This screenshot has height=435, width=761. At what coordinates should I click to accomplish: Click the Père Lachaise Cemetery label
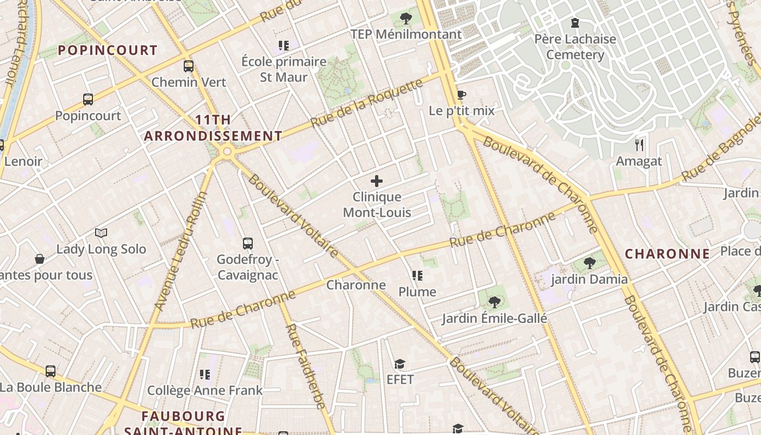[x=575, y=47]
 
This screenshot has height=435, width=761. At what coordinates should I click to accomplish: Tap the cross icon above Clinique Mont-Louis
[x=376, y=181]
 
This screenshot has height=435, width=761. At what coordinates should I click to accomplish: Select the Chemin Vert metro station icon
[x=189, y=66]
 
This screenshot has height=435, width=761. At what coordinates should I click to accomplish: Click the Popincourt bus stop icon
[x=88, y=100]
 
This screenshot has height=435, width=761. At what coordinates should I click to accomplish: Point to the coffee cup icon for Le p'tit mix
[x=461, y=95]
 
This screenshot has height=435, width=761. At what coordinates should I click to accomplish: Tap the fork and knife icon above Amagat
[x=639, y=145]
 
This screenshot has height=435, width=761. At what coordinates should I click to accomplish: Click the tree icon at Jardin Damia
[x=589, y=264]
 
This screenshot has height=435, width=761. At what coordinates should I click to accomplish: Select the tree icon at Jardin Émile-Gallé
[x=494, y=302]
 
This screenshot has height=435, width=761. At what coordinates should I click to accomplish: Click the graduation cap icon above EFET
[x=400, y=364]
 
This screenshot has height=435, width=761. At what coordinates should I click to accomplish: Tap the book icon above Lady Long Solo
[x=101, y=233]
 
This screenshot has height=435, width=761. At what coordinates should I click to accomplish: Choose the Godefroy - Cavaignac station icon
[x=248, y=243]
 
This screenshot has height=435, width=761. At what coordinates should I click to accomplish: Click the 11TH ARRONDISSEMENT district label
[x=213, y=128]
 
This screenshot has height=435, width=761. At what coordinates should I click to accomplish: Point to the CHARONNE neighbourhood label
[x=667, y=254]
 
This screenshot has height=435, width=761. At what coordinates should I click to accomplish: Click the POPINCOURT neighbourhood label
[x=108, y=51]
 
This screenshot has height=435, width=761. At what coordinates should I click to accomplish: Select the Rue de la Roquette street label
[x=367, y=103]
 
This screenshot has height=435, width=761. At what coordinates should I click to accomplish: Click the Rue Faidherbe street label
[x=305, y=366]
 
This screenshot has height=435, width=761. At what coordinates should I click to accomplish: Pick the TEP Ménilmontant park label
[x=406, y=34]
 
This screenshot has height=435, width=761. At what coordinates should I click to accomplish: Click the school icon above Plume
[x=417, y=276]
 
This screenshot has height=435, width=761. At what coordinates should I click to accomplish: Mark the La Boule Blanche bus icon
[x=51, y=371]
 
